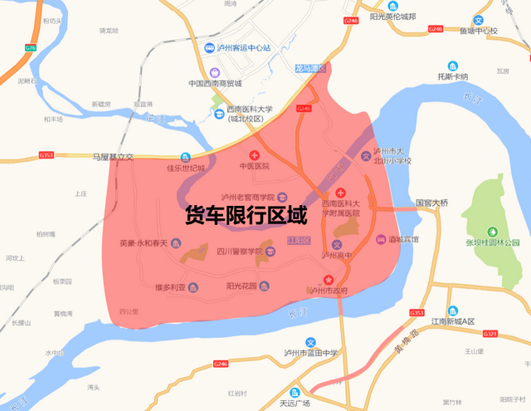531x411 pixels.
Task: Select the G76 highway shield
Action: point(31,48)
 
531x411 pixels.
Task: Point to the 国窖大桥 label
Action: point(431,202)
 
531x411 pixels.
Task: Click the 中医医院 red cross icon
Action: point(255,155)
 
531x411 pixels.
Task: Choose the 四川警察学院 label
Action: point(239,252)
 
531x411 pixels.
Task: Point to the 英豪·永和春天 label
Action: point(143,243)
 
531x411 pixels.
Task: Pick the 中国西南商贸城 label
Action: point(214,83)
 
